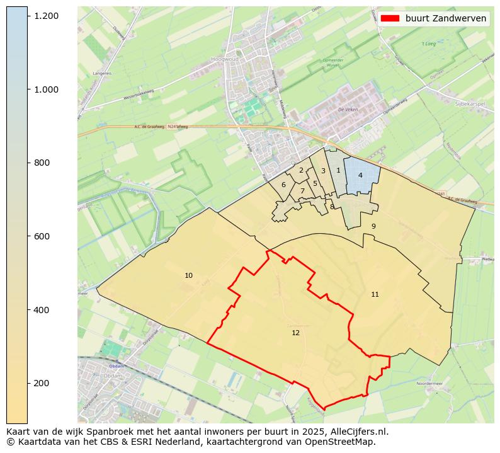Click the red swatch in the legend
(390, 18)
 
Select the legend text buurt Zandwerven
(445, 18)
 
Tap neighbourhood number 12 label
(295, 333)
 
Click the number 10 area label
(188, 276)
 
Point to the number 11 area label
(375, 294)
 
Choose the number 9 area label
(373, 226)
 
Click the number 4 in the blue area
(360, 175)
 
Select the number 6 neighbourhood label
(283, 185)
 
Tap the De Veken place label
(347, 109)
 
